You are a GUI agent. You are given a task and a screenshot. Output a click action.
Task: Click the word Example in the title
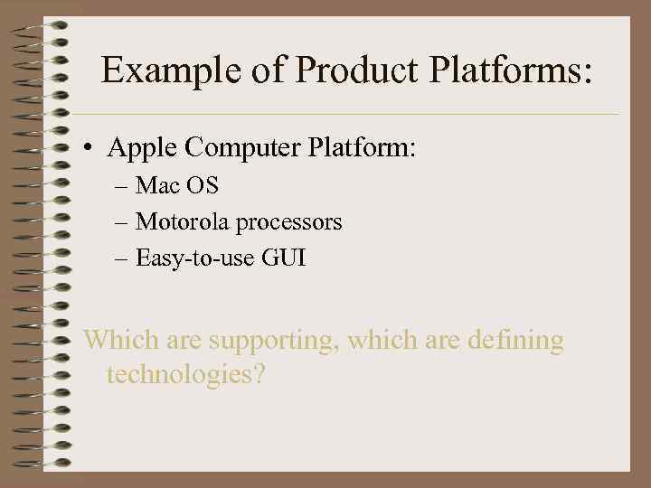tap(169, 70)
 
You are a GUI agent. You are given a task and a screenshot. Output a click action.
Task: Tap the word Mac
tap(159, 186)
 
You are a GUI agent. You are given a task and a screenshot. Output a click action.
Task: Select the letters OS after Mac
tap(203, 186)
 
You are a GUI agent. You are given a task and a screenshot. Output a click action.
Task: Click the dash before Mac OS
tap(122, 187)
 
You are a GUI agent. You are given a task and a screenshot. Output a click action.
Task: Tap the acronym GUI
tap(284, 258)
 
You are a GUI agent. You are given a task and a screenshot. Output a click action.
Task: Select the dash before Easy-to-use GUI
tap(122, 259)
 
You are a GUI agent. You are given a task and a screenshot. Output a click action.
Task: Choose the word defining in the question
tap(513, 343)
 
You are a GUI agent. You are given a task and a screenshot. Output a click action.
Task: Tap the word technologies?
tap(185, 373)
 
